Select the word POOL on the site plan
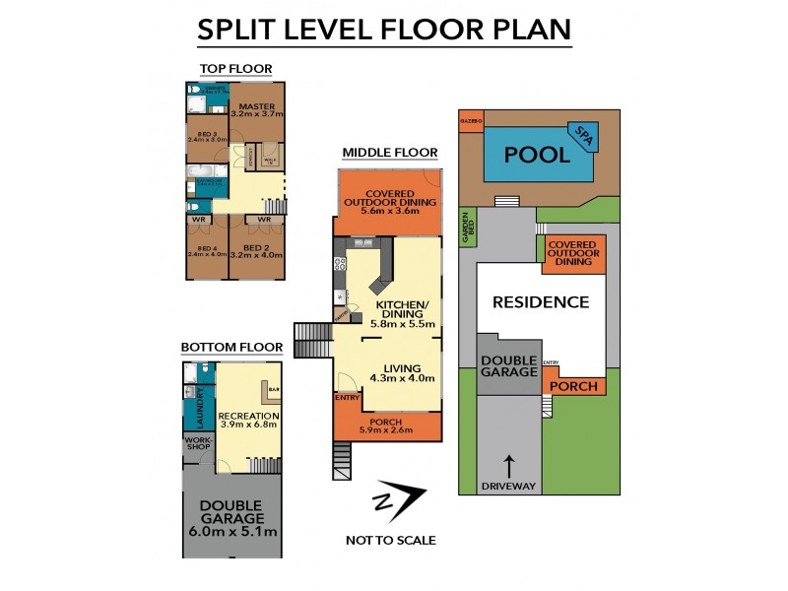537,155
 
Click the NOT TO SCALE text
391,540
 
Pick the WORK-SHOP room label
199,445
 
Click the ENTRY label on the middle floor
348,398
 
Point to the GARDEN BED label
468,228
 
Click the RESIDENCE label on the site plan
541,302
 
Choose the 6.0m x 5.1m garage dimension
231,533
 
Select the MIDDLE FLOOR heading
389,153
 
